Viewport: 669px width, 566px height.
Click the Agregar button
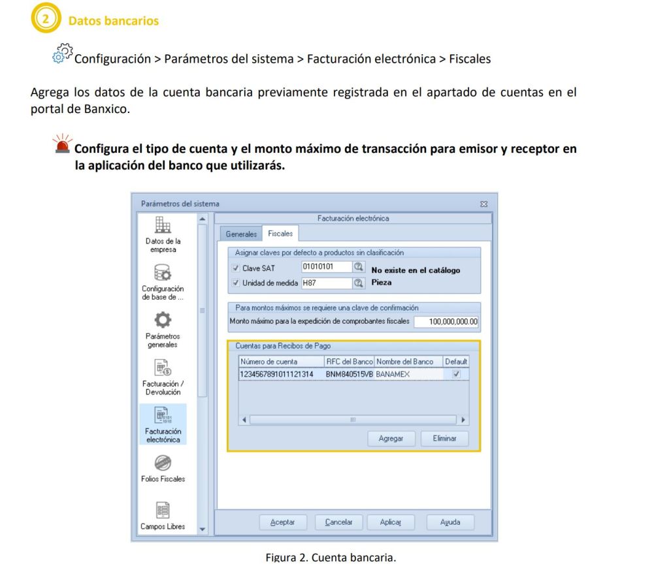pyautogui.click(x=391, y=439)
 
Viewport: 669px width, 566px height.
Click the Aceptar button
pyautogui.click(x=282, y=522)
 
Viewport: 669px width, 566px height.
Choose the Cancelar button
pyautogui.click(x=338, y=522)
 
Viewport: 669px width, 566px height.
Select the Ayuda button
pyautogui.click(x=450, y=522)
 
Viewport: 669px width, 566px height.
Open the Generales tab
pyautogui.click(x=241, y=234)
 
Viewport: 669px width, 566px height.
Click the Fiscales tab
pyautogui.click(x=280, y=234)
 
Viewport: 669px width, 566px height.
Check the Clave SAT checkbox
pyautogui.click(x=235, y=268)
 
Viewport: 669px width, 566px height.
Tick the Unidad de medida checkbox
pyautogui.click(x=235, y=283)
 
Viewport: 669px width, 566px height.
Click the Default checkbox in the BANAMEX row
pyautogui.click(x=456, y=374)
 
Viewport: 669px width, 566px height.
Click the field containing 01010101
pyautogui.click(x=326, y=267)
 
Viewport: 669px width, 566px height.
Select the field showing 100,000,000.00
pyautogui.click(x=446, y=321)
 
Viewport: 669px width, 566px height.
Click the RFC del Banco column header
pyautogui.click(x=349, y=362)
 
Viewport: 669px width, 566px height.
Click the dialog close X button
pyautogui.click(x=484, y=205)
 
